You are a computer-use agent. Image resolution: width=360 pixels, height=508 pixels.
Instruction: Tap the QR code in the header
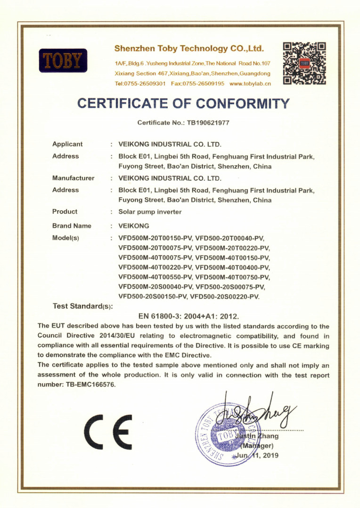304,63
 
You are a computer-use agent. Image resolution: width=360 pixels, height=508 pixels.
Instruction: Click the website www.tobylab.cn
250,83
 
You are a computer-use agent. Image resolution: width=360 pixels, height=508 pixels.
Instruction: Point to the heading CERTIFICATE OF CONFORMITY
183,103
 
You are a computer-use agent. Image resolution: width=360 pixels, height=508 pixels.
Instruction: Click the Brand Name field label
72,226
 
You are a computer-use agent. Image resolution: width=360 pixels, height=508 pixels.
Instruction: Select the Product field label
65,212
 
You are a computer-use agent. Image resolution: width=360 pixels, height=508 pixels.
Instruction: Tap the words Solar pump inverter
150,212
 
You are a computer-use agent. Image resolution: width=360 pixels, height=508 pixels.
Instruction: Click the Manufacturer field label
73,178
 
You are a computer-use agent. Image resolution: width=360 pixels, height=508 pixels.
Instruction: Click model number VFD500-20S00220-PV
227,297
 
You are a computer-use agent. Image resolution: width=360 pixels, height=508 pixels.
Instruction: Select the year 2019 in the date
270,455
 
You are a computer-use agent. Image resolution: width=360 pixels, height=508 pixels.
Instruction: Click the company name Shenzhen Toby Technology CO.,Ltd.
189,49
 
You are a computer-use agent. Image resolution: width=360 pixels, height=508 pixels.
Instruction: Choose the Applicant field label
67,144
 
